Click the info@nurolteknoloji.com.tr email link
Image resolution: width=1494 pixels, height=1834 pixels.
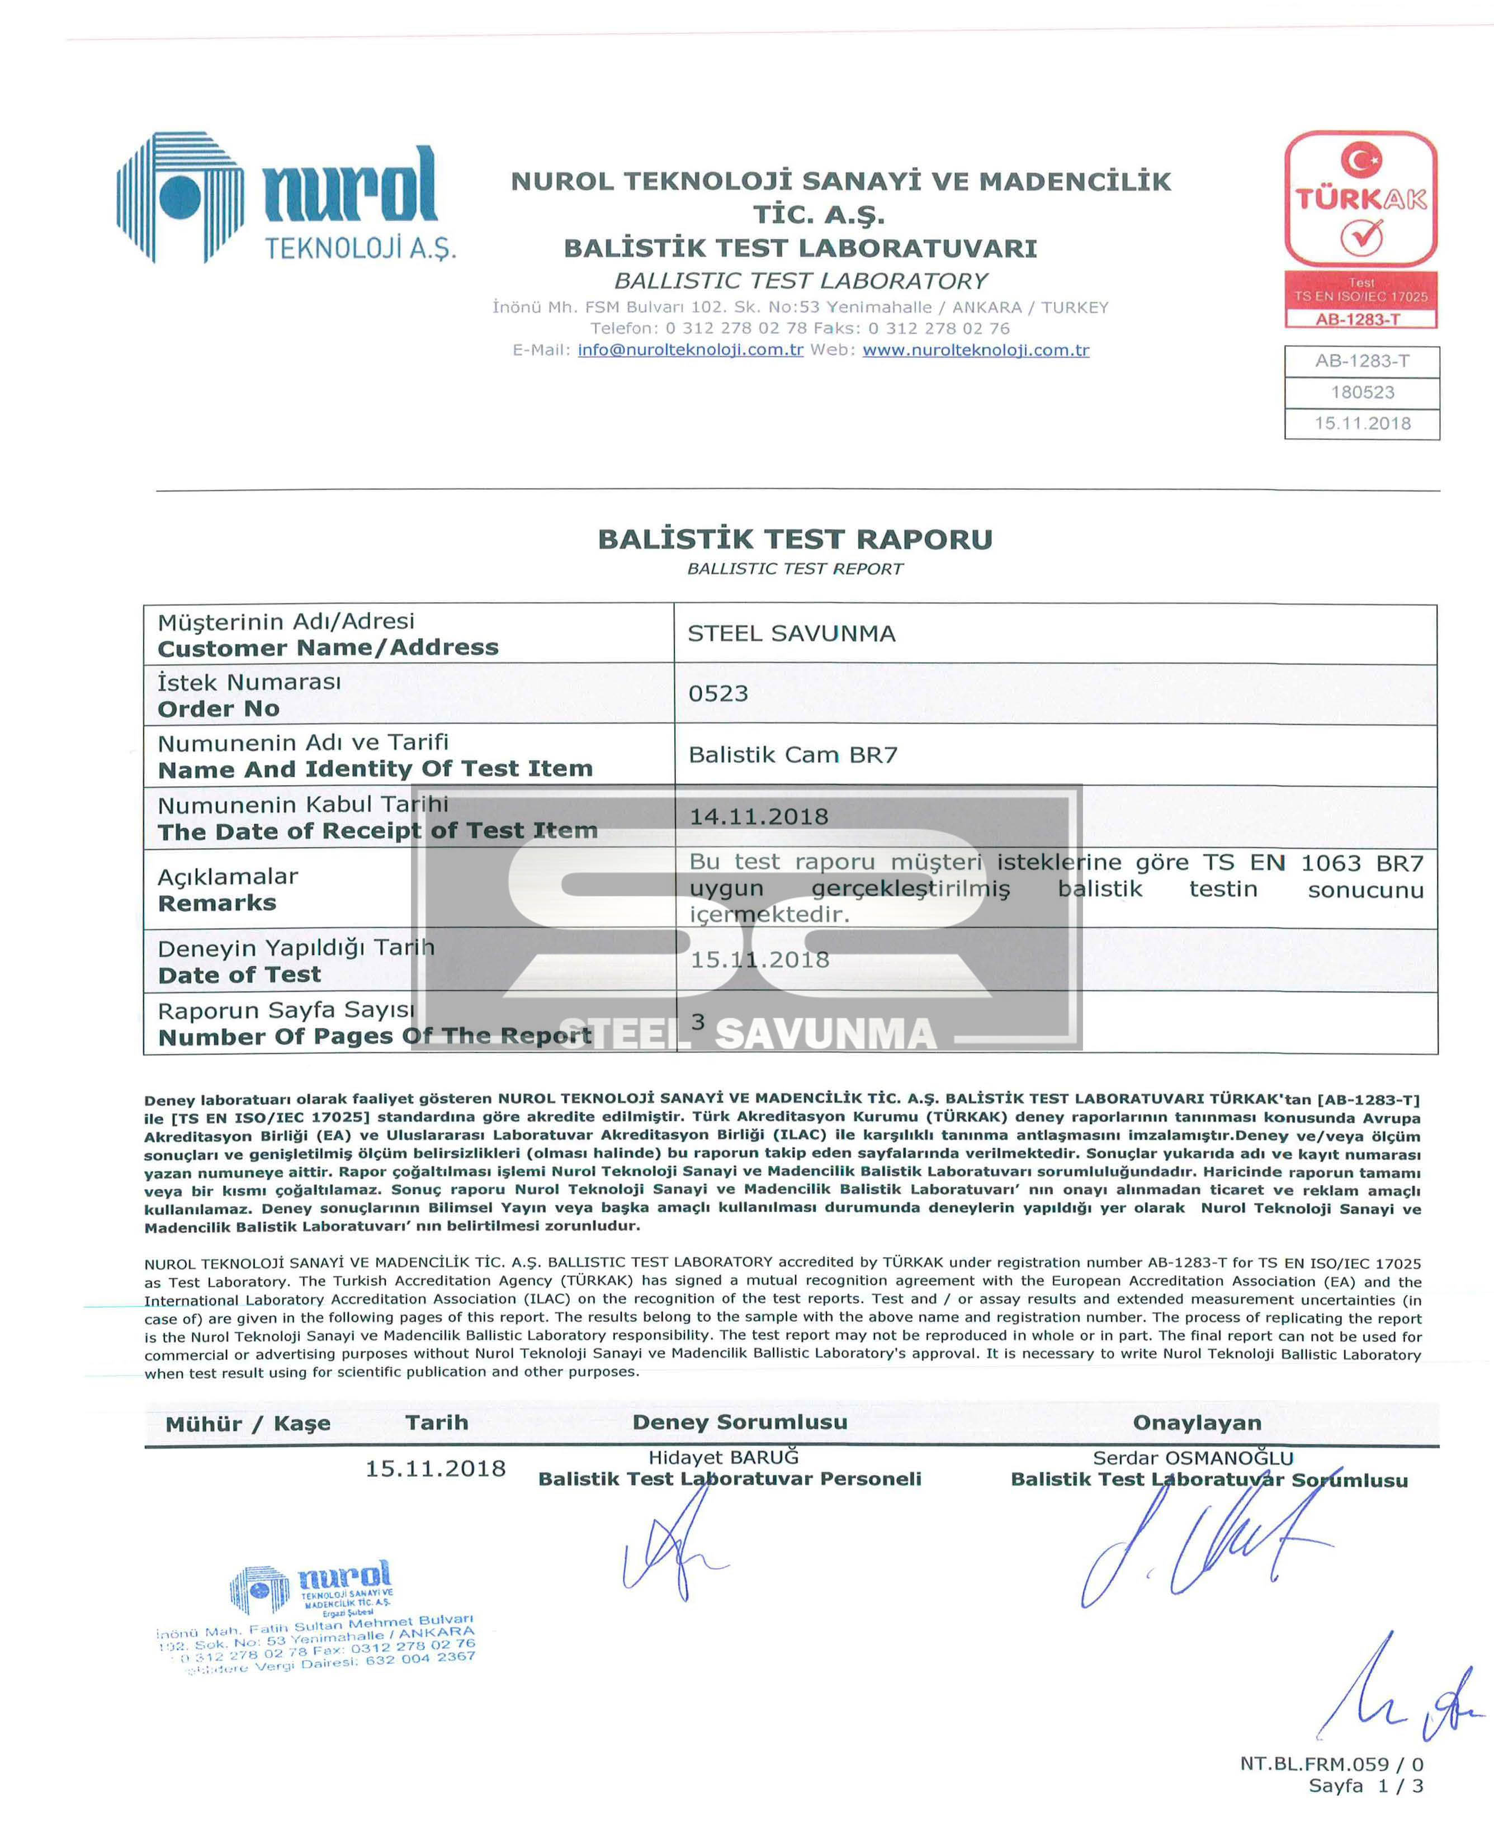point(690,350)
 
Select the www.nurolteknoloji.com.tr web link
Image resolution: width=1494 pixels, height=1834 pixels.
point(975,350)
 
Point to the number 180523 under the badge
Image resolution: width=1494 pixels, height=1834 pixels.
point(1363,393)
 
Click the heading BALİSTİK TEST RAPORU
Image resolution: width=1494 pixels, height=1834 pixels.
point(795,540)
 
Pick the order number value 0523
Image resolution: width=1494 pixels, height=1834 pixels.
point(718,694)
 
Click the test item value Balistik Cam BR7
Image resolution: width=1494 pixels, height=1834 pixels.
point(793,755)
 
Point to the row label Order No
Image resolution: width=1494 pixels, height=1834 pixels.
point(219,708)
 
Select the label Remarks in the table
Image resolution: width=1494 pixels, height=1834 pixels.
point(217,903)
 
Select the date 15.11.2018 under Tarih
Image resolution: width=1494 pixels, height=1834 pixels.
point(436,1468)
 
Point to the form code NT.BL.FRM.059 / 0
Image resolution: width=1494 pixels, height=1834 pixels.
point(1331,1764)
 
